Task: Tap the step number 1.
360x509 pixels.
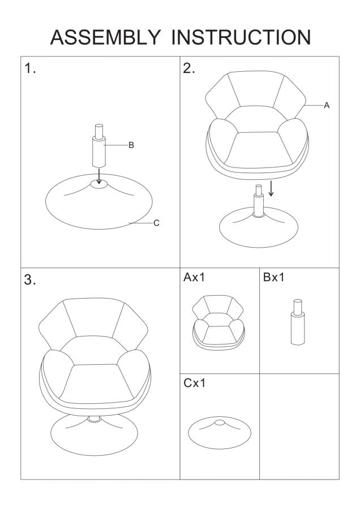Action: click(x=30, y=68)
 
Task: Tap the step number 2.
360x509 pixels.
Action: click(x=188, y=68)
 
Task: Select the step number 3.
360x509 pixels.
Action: click(x=30, y=279)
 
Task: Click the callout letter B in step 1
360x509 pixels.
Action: click(x=131, y=145)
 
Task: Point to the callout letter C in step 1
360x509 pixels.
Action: click(x=156, y=223)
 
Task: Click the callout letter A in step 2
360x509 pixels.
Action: click(x=327, y=105)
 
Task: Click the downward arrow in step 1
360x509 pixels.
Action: click(x=99, y=176)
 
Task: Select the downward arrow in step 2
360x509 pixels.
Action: click(x=271, y=188)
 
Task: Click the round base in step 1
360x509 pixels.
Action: click(x=98, y=201)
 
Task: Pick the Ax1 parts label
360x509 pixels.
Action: click(x=194, y=277)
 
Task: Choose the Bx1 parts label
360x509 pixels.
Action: click(x=273, y=277)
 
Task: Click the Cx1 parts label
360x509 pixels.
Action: click(x=194, y=383)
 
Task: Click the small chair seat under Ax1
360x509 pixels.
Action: click(x=218, y=322)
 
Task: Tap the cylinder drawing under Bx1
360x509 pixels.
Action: click(x=298, y=322)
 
